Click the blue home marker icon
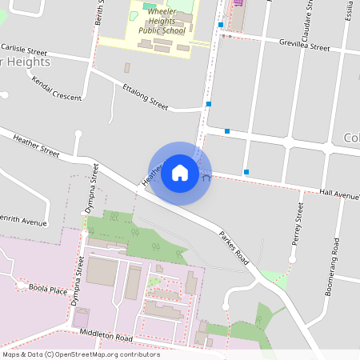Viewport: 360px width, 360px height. click(180, 173)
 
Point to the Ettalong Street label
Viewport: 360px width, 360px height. click(145, 95)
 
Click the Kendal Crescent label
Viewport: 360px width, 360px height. click(57, 89)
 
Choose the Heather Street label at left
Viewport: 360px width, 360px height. click(36, 145)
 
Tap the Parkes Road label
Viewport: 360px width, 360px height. click(234, 248)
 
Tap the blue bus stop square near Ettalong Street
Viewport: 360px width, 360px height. click(209, 104)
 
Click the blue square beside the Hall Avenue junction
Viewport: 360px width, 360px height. click(246, 171)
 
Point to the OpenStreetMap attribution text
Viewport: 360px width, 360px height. click(81, 354)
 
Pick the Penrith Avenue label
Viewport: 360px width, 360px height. click(22, 221)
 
